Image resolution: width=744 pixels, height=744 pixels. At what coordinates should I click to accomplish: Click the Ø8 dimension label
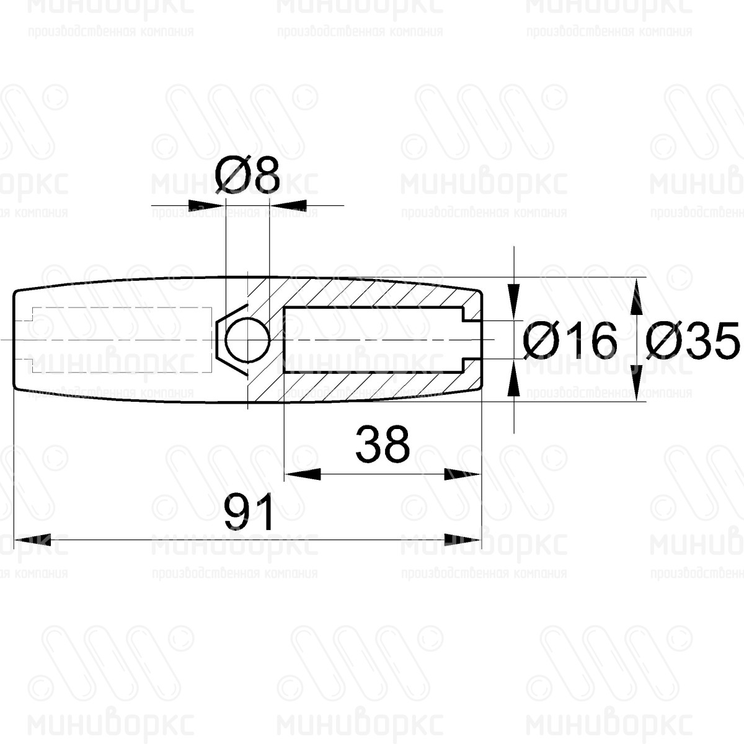(247, 175)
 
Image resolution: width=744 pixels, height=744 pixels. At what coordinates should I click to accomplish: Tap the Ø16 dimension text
(570, 340)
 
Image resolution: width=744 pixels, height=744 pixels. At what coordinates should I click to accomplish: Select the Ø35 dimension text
(693, 340)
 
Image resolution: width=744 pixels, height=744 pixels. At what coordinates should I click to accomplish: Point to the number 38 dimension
(383, 445)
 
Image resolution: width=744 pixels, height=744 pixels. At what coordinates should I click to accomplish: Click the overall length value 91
(249, 512)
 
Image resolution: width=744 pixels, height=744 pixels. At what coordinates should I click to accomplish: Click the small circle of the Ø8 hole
(247, 340)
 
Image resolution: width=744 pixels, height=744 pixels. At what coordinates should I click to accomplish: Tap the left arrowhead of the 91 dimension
(32, 540)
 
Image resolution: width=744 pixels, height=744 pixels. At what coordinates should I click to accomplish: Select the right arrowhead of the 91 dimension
(463, 540)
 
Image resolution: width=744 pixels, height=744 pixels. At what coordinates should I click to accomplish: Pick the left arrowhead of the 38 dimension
(303, 474)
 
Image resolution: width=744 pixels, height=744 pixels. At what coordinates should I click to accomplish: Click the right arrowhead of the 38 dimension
(463, 474)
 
